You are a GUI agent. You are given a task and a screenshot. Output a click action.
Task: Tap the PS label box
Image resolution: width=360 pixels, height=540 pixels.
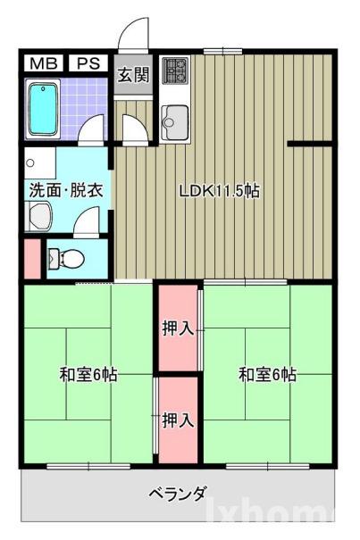[x=87, y=63]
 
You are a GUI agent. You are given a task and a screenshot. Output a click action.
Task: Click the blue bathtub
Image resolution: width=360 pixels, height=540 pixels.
[x=43, y=109]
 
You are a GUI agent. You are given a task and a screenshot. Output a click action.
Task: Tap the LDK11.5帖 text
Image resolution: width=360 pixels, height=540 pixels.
[x=219, y=190]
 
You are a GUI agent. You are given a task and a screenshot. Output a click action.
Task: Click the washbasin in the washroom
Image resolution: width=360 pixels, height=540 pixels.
[x=39, y=214]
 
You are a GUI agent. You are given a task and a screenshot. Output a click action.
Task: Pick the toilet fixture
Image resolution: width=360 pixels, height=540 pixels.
[x=66, y=258]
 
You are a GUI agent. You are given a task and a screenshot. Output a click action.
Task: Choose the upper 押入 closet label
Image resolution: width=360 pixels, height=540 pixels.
[x=178, y=328]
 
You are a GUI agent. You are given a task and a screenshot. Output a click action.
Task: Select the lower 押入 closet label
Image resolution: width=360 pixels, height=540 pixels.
[x=178, y=420]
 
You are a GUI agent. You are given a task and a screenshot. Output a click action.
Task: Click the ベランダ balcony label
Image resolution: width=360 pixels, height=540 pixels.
[x=178, y=494]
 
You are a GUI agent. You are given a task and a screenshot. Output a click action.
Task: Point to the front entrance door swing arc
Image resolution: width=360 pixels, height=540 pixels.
[x=131, y=34]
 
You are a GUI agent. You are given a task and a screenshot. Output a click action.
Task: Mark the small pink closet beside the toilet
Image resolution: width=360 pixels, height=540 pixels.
[x=31, y=258]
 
